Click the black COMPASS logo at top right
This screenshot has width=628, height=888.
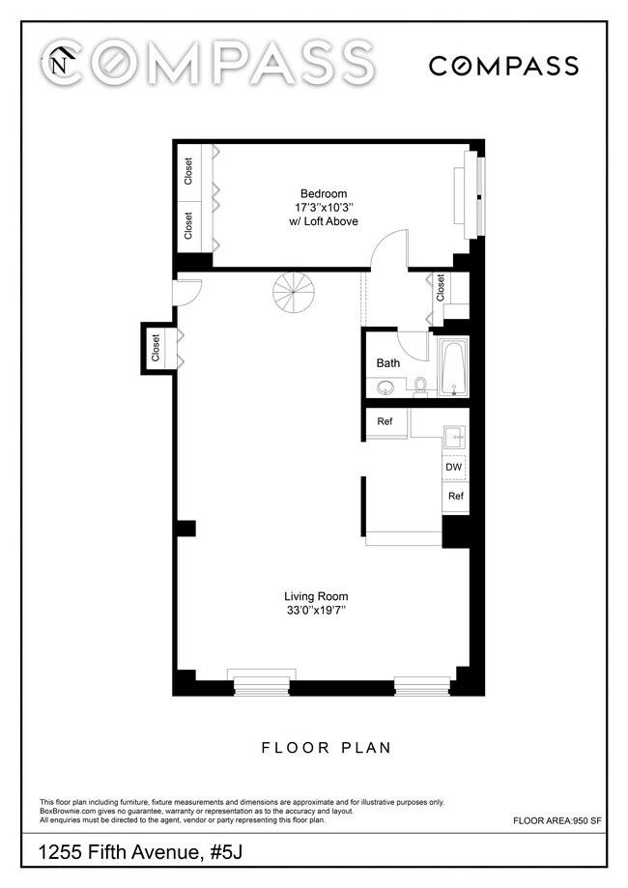[x=503, y=66]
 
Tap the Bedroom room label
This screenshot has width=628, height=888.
[x=323, y=193]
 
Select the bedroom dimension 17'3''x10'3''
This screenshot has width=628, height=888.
[x=323, y=207]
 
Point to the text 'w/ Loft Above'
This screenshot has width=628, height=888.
[x=323, y=221]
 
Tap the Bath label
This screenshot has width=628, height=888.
[x=388, y=363]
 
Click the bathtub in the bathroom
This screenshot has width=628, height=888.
[x=453, y=368]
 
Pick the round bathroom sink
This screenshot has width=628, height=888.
[x=386, y=387]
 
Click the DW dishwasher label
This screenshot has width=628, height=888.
[x=454, y=468]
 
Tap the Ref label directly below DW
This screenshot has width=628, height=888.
[x=454, y=496]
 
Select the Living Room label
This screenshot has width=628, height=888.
[x=316, y=596]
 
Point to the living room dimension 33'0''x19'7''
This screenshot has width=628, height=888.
[x=316, y=611]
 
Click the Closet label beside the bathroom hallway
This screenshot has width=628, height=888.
[x=442, y=287]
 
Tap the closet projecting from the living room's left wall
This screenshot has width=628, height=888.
[x=156, y=348]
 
